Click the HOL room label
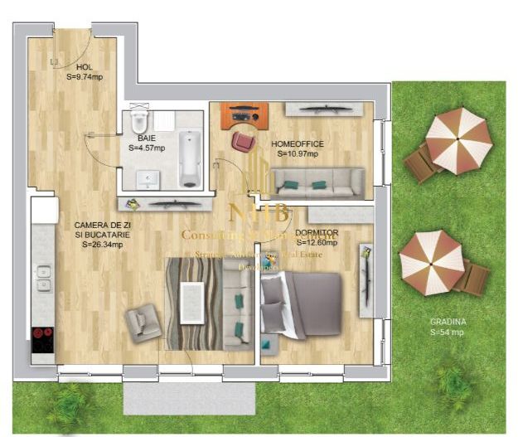(84, 68)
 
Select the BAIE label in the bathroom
(147, 139)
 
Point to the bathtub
(191, 158)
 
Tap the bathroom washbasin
(149, 177)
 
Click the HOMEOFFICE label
(298, 143)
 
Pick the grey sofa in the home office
(317, 181)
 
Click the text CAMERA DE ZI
(102, 225)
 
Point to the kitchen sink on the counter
(43, 280)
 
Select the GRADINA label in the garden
(447, 322)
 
